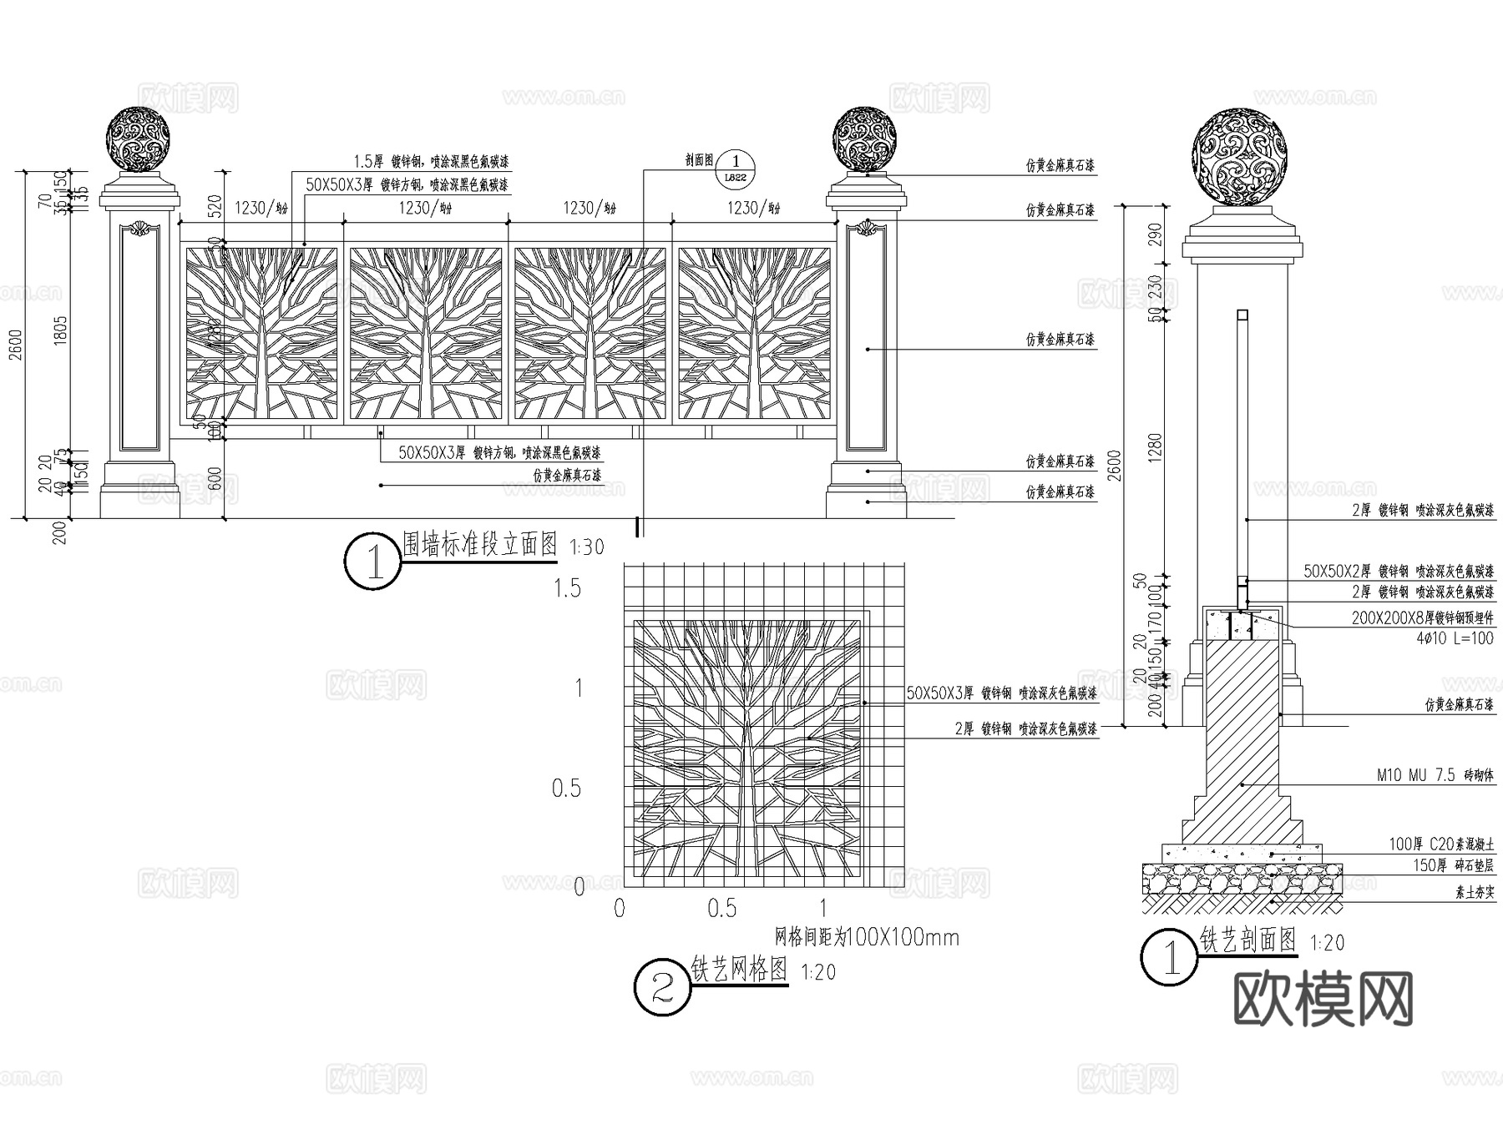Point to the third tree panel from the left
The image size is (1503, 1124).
(x=590, y=333)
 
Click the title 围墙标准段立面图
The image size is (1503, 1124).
(x=479, y=545)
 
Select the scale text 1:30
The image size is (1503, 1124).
(x=586, y=547)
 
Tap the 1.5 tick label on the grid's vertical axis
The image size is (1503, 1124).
(x=567, y=588)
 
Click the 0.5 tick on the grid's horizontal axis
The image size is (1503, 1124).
(x=721, y=909)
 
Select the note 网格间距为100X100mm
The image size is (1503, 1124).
(x=868, y=937)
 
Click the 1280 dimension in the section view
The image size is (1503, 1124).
(x=1155, y=448)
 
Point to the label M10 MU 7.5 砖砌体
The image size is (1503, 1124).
(x=1435, y=775)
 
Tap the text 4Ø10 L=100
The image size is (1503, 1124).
(x=1455, y=638)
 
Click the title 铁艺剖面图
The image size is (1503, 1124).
(x=1247, y=940)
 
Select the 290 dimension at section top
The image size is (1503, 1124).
(x=1155, y=232)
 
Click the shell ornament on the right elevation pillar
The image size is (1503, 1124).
(x=867, y=227)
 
